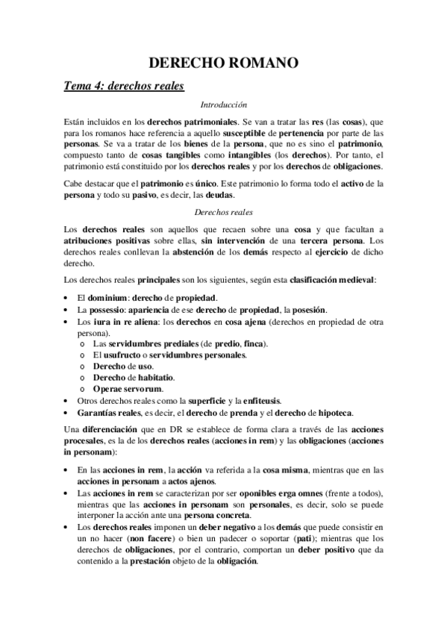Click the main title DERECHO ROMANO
click(224, 64)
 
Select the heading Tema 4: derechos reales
click(123, 87)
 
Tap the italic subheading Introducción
click(224, 105)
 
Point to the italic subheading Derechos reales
click(224, 212)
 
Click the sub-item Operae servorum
click(128, 389)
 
